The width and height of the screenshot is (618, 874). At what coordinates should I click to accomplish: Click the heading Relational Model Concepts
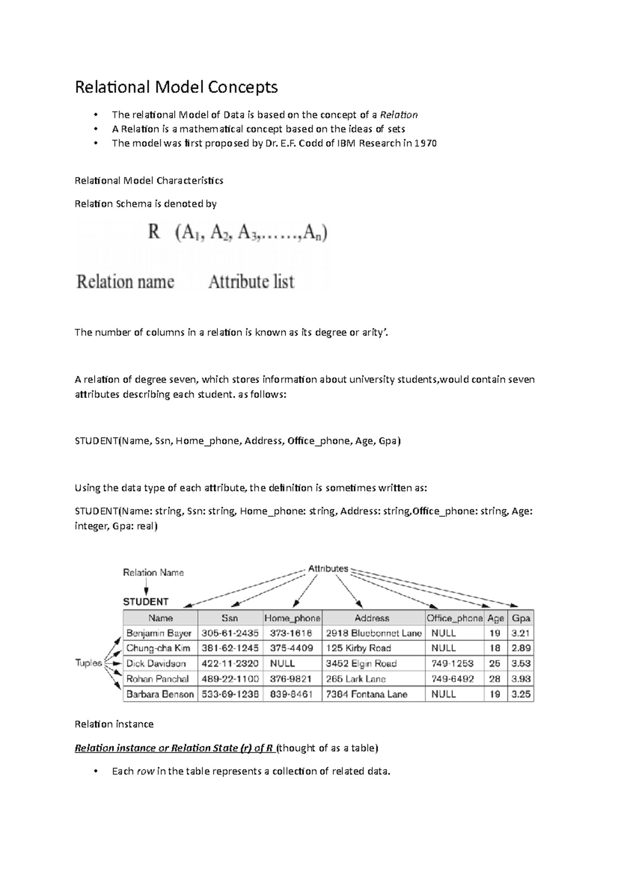tap(176, 87)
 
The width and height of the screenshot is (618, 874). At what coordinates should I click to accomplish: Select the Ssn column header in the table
tap(230, 618)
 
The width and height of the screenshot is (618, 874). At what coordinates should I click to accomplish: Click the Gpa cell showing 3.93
tap(521, 678)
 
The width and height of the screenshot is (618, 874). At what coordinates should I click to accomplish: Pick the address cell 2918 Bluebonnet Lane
tap(373, 633)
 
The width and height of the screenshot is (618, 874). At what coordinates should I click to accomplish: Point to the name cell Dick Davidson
tap(156, 663)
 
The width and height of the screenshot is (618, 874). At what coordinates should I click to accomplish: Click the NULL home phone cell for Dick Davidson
tap(283, 663)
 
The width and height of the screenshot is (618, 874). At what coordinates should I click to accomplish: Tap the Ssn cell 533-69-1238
tap(230, 694)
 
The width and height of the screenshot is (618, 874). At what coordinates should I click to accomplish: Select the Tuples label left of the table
tap(89, 663)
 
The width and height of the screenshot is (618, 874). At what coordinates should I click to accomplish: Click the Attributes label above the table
tap(328, 569)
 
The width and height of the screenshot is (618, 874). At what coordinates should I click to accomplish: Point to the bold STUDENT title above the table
tap(146, 602)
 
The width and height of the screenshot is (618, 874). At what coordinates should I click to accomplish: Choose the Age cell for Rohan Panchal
tap(495, 678)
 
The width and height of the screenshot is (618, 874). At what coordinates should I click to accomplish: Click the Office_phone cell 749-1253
tap(453, 663)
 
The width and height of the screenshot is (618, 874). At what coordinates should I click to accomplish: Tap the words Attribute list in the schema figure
tap(251, 282)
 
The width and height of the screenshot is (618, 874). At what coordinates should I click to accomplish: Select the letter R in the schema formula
tap(153, 233)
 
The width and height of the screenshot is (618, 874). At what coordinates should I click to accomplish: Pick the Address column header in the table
tap(372, 618)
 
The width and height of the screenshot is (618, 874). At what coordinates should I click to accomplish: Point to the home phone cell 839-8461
tap(291, 694)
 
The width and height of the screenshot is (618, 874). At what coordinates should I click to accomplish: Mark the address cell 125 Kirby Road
tap(358, 648)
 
